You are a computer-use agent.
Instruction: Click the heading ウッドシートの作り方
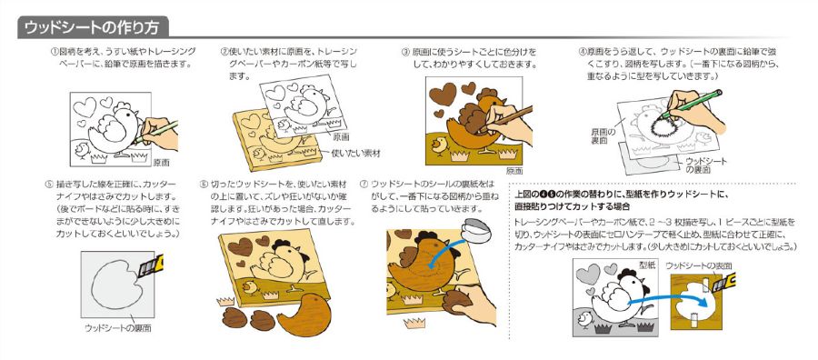pyautogui.click(x=92, y=27)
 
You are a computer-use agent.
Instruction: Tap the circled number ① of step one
pyautogui.click(x=54, y=52)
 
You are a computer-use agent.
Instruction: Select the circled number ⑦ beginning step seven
pyautogui.click(x=364, y=185)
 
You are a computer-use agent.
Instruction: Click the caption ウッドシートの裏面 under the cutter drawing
pyautogui.click(x=118, y=328)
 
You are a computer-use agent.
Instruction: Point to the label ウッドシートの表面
pyautogui.click(x=697, y=265)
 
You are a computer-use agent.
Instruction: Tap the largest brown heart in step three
pyautogui.click(x=443, y=95)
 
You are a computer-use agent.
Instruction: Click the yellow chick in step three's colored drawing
pyautogui.click(x=440, y=145)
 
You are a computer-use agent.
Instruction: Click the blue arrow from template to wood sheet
pyautogui.click(x=668, y=301)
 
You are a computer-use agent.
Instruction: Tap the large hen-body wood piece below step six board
pyautogui.click(x=303, y=315)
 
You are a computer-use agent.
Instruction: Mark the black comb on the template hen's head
pyautogui.click(x=626, y=275)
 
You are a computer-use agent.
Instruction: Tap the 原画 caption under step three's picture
pyautogui.click(x=514, y=171)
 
